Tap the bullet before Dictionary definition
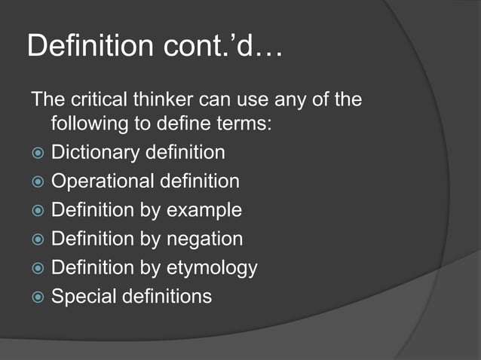(37, 153)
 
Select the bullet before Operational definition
(37, 182)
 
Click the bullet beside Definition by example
(37, 210)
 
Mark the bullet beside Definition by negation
(37, 239)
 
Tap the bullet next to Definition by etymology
(37, 268)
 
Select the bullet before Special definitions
(37, 297)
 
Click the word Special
(81, 297)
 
